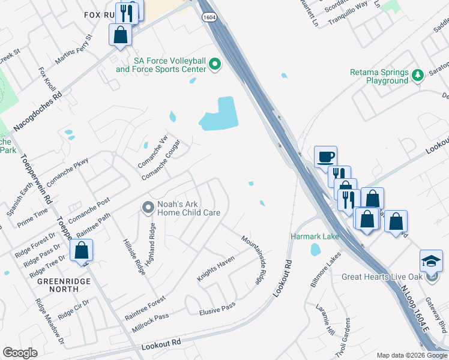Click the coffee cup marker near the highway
point(325,157)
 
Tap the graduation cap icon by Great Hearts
point(431,261)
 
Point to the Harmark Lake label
point(315,236)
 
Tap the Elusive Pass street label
point(217,308)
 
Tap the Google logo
point(20,353)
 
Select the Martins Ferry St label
point(74,50)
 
